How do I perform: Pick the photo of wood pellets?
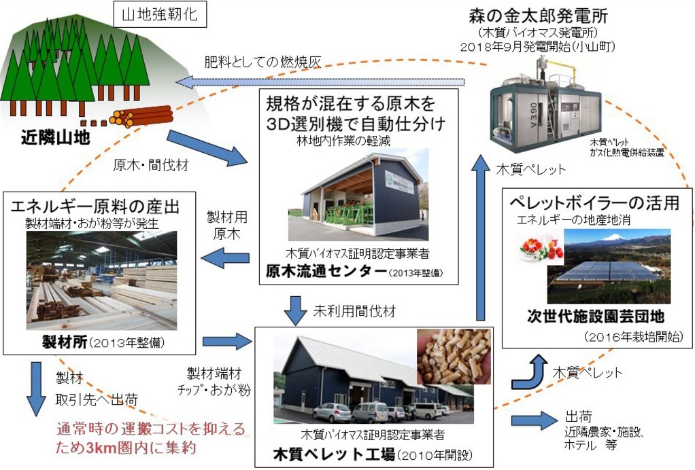click(454, 357)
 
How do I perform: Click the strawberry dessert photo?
click(541, 248)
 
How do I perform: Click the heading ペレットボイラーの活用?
click(595, 202)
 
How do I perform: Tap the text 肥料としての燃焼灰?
click(261, 62)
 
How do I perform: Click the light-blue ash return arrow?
click(320, 82)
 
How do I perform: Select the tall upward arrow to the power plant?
click(481, 238)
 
